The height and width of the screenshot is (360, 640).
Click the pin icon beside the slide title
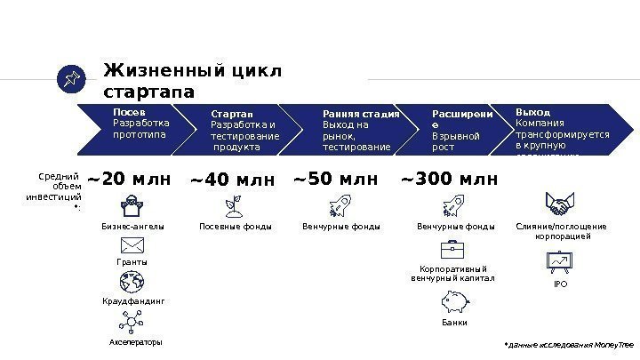(69, 81)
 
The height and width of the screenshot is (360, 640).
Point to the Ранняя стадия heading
(361, 114)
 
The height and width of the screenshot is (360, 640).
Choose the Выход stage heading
(533, 113)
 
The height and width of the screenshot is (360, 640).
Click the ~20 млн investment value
(128, 181)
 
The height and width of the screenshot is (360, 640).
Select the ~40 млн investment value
(232, 182)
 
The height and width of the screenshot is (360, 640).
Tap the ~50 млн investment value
(335, 181)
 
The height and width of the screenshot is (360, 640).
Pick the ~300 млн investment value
(450, 181)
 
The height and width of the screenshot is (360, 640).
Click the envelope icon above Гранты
(132, 244)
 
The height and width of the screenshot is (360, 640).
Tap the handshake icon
(560, 206)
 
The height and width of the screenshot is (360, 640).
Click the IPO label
(560, 284)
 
